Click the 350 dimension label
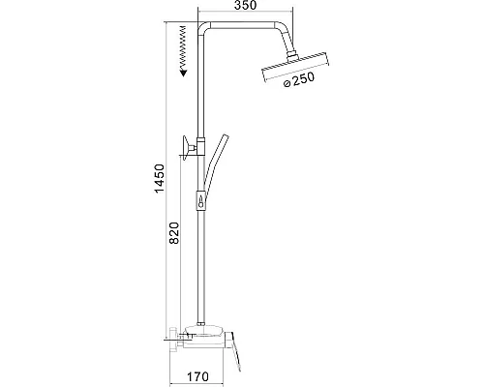point(245,5)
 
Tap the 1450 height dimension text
point(160,178)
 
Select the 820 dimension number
point(174,233)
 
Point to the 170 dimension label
point(197,376)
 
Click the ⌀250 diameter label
point(298,80)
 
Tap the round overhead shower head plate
point(296,67)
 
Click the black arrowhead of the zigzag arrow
point(184,73)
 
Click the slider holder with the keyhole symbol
point(200,200)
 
